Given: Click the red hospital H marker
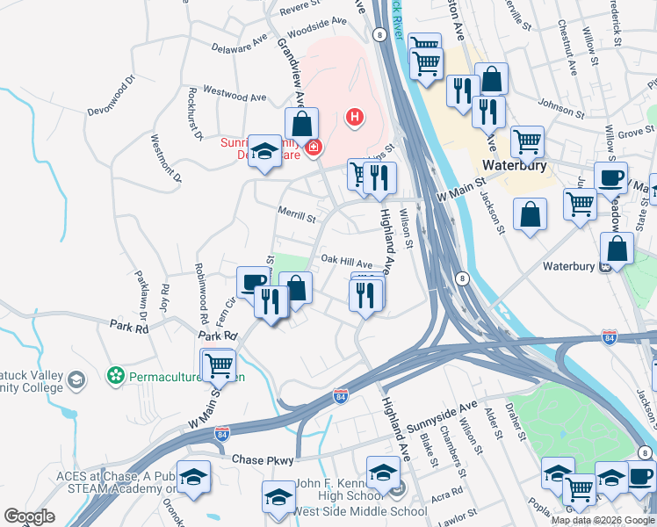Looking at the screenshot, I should point(355,116).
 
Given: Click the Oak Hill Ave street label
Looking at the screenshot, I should point(346,261).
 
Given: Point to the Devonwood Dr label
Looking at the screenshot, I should point(112,91).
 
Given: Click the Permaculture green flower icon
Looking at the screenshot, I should point(114,376).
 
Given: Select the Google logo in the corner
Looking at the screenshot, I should point(29,516).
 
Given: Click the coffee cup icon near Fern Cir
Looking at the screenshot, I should point(253,282).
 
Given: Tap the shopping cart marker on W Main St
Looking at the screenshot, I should point(218,365).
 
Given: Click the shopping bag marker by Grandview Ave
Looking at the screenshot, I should point(301,122).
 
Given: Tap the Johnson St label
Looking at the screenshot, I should point(561,112).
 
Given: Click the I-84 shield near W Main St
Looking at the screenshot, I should point(223,434).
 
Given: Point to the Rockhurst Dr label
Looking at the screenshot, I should point(195,113).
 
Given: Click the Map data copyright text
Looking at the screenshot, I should point(602,520).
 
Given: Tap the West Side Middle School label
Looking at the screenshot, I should point(359,512).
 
